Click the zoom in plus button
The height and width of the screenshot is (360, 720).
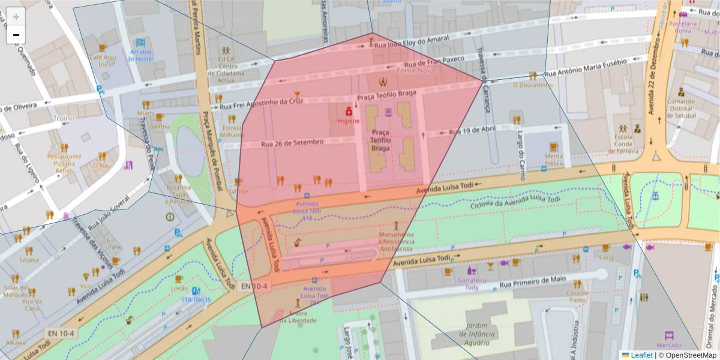click(16, 17)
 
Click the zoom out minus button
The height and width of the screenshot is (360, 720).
click(16, 35)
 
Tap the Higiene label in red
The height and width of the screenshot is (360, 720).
click(349, 121)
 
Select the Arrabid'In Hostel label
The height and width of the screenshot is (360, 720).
click(141, 55)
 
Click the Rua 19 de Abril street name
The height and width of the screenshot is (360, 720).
click(473, 130)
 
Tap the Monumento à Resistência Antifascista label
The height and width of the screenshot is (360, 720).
click(396, 241)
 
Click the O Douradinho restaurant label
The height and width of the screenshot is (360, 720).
click(532, 85)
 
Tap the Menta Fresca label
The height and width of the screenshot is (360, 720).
click(554, 160)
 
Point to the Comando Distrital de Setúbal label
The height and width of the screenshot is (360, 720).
click(681, 109)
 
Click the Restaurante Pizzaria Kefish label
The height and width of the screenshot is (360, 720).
click(64, 163)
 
